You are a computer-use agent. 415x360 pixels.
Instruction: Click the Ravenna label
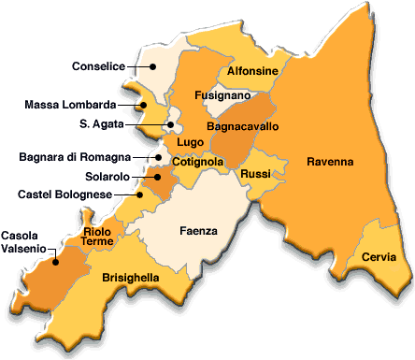point(330,163)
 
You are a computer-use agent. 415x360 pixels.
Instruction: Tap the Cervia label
point(378,257)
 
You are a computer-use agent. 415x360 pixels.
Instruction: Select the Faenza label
point(198,230)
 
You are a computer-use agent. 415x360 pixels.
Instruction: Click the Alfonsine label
point(251,70)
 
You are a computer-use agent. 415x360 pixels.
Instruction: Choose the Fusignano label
point(222,95)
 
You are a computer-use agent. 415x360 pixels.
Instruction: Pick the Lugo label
point(191,142)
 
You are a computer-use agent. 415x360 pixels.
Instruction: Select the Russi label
point(255,174)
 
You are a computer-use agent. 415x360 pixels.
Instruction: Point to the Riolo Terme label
point(97,236)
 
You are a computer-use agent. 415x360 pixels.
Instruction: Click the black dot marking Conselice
point(155,67)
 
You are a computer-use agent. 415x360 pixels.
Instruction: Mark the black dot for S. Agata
point(171,122)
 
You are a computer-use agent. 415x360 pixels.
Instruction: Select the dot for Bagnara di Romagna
point(160,157)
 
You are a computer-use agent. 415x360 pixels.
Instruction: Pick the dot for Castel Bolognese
point(141,194)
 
